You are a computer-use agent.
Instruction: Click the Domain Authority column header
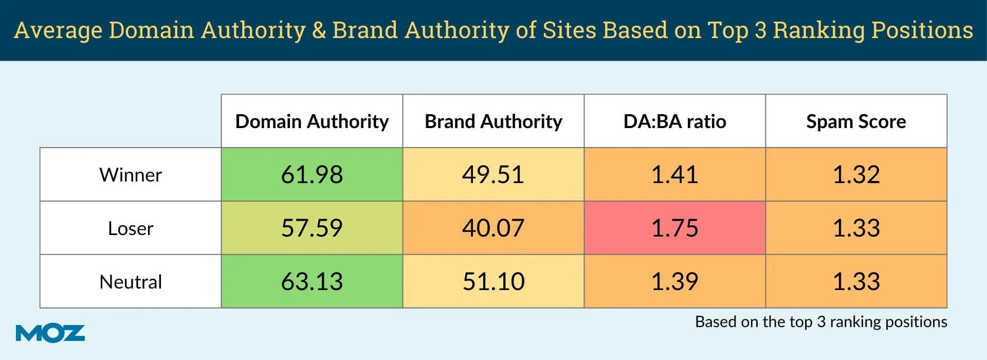click(x=312, y=121)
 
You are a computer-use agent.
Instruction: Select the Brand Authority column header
click(x=493, y=121)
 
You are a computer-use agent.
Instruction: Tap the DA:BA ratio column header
click(x=674, y=121)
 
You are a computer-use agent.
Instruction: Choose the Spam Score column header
click(x=856, y=121)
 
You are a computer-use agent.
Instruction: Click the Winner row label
click(x=131, y=175)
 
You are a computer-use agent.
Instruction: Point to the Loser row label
click(x=131, y=228)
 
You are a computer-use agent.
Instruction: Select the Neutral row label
click(x=131, y=282)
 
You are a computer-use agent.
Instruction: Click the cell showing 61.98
click(x=312, y=175)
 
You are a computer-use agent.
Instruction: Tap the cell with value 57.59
click(x=312, y=228)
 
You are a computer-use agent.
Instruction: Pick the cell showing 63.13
click(x=312, y=282)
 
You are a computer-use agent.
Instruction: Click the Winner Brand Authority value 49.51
click(x=493, y=175)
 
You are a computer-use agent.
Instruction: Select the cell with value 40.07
click(x=493, y=228)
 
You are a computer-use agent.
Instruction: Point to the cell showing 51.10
click(x=493, y=282)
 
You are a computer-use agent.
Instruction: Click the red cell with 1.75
click(x=674, y=228)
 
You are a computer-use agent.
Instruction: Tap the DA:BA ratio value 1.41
click(x=674, y=175)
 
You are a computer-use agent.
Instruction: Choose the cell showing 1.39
click(x=674, y=282)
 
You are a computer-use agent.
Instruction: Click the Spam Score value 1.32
click(x=856, y=175)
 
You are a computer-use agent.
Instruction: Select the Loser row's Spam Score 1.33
click(x=856, y=228)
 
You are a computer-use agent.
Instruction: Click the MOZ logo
click(x=50, y=333)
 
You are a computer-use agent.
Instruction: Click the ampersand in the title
click(x=319, y=30)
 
